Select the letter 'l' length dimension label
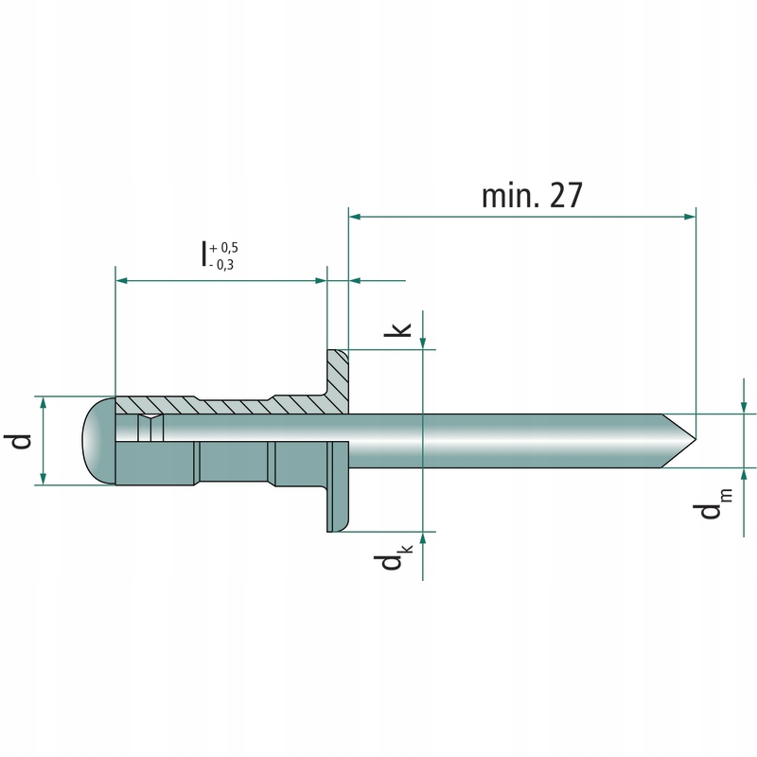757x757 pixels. tap(203, 254)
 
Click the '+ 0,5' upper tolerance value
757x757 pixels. tap(224, 248)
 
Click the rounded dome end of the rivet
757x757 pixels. tap(90, 441)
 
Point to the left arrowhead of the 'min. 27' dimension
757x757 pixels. tap(355, 217)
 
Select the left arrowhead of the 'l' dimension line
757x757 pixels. tap(121, 280)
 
